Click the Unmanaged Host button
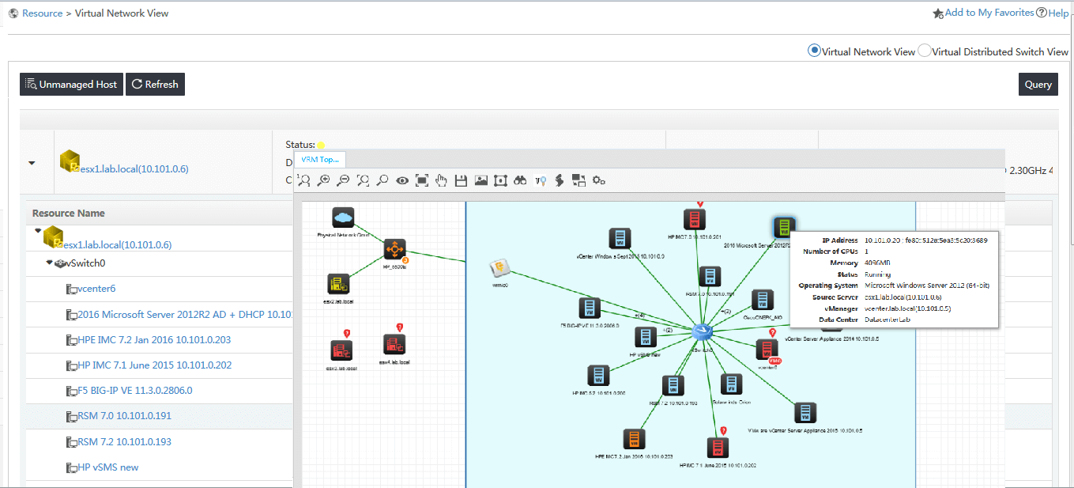tap(71, 85)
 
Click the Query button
tap(1038, 85)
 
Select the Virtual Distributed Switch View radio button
tap(924, 51)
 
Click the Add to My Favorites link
tap(989, 13)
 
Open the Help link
tap(1057, 13)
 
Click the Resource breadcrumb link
tap(42, 13)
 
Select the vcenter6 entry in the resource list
tap(96, 289)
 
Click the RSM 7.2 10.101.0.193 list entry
tap(124, 441)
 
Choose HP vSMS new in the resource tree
tap(108, 467)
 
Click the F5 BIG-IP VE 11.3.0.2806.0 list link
tap(134, 390)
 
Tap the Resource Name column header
tap(68, 213)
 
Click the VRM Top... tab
tap(319, 159)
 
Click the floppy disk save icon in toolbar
tap(461, 180)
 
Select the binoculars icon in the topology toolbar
tap(520, 180)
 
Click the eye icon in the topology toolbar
tap(402, 180)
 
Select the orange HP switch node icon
tap(394, 250)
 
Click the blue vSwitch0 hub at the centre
tap(701, 331)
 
